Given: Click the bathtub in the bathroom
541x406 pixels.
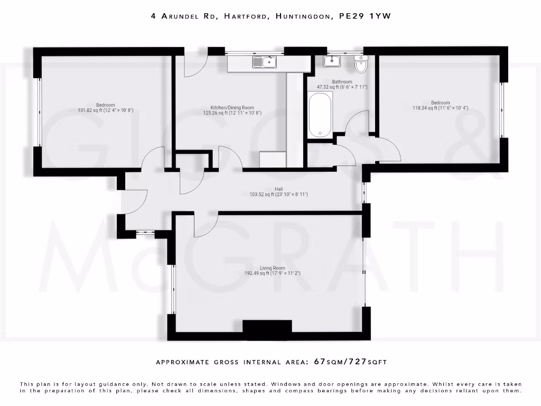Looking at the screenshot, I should (320, 115).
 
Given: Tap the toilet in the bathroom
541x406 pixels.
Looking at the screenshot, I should (361, 64).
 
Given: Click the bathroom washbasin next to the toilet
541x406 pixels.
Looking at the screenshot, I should (332, 61).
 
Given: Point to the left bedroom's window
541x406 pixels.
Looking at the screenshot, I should (38, 112).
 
